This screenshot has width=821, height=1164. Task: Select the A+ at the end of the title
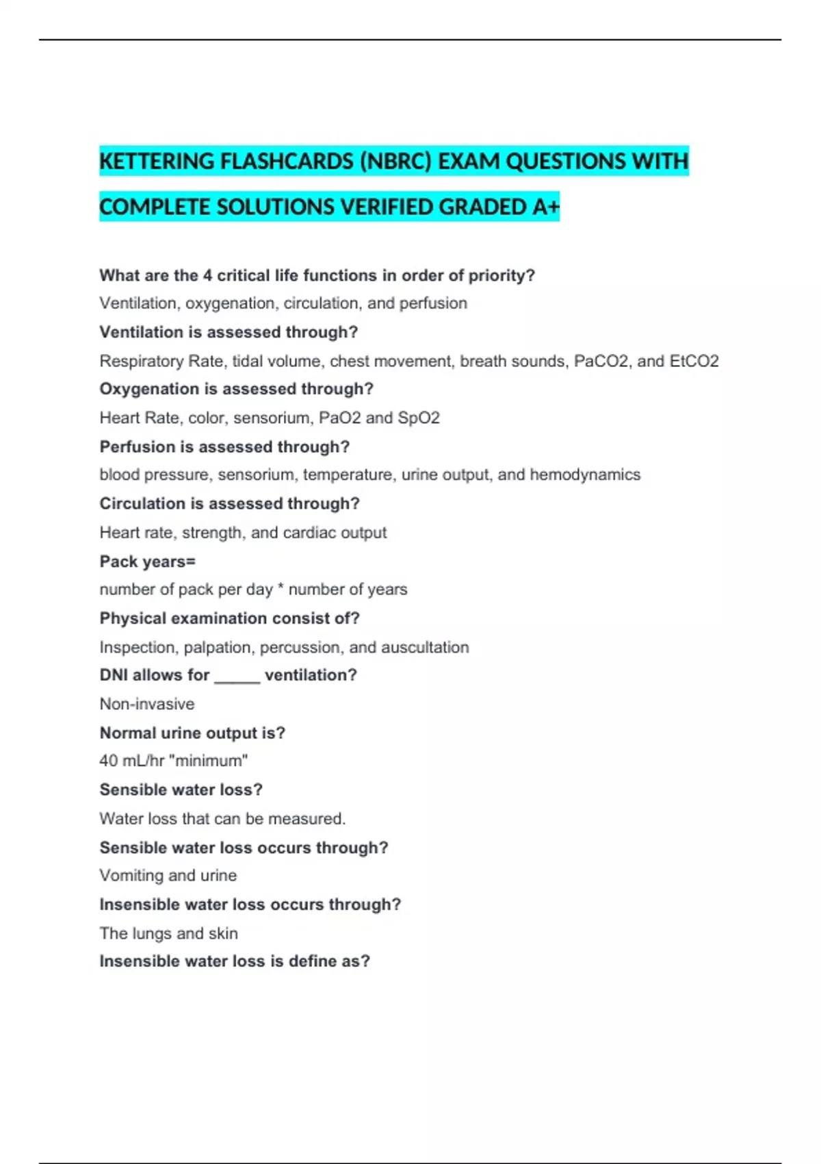coord(546,207)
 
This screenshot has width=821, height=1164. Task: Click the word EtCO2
coord(694,361)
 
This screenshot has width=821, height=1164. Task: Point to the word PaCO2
coord(601,361)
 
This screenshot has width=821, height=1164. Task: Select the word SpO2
coord(419,418)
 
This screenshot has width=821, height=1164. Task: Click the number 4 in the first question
coord(207,275)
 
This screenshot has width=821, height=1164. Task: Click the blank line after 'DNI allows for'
coord(237,676)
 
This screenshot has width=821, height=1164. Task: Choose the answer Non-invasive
coord(147,704)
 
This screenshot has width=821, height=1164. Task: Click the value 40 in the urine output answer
coord(108,761)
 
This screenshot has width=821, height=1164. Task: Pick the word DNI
coord(114,675)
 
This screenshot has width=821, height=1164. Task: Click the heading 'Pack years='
coord(148,561)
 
